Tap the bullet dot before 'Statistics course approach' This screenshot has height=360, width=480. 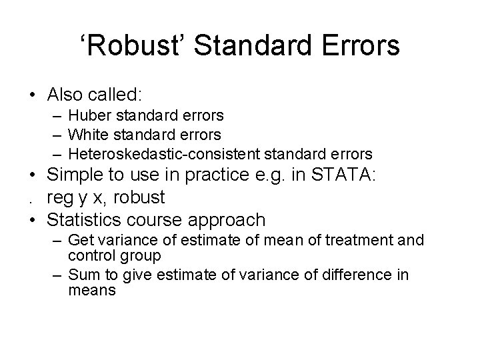(x=31, y=219)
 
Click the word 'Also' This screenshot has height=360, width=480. (x=65, y=93)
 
